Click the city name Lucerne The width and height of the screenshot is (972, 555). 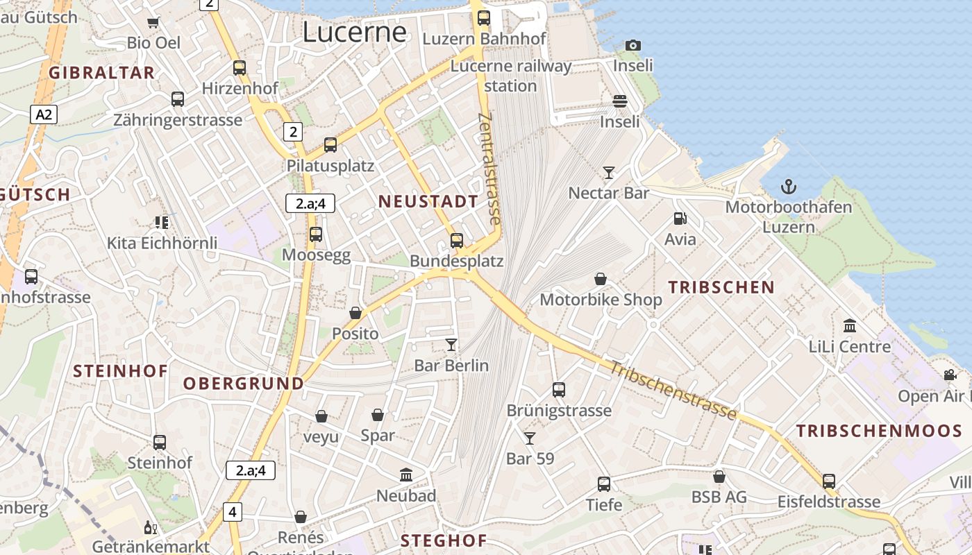pos(355,33)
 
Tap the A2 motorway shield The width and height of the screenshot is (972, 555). pos(43,114)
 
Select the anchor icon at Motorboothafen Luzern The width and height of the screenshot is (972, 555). pos(788,186)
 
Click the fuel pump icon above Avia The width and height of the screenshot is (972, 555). pos(680,219)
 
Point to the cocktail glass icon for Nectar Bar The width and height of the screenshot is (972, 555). pos(609,172)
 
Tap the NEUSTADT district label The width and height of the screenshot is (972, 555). pos(428,202)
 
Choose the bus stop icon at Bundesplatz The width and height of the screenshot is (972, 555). pos(456,241)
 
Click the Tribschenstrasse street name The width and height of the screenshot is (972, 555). pos(672,391)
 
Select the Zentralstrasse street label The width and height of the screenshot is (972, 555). pos(489,169)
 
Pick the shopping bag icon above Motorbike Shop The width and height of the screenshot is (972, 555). pos(601,279)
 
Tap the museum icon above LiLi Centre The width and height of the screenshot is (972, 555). pos(849,325)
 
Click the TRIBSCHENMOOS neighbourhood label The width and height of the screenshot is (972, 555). pos(879,431)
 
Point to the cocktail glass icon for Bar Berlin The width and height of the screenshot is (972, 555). pos(451,344)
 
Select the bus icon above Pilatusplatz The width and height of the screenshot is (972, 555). pos(330,145)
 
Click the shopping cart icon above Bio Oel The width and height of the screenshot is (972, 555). pos(153,22)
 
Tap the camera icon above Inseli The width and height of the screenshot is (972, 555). pos(632,45)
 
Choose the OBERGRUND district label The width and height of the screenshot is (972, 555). pos(244,384)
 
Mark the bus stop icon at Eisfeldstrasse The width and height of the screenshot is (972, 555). pos(828,481)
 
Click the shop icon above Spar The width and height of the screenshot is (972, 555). pos(378,415)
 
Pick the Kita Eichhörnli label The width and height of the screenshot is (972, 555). pos(162,244)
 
